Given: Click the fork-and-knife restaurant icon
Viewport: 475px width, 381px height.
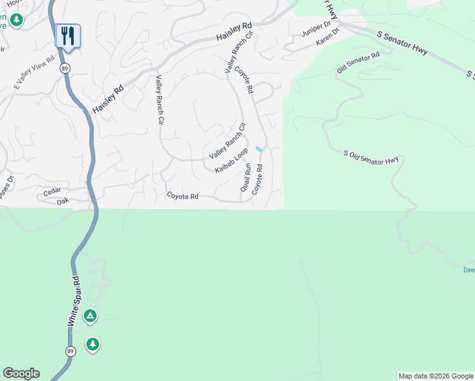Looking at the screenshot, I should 68,36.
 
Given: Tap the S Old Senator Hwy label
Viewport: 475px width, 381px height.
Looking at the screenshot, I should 371,158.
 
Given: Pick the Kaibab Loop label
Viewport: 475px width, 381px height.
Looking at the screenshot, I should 231,161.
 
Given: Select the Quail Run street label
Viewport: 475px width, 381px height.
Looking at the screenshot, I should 246,178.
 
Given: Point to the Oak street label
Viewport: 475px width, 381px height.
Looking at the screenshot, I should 62,202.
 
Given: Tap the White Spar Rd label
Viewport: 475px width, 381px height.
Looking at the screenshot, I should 74,302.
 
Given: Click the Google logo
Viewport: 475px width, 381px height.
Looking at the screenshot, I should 21,373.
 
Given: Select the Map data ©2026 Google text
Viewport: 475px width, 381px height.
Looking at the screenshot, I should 436,376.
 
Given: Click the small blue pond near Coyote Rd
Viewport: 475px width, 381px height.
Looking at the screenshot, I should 259,149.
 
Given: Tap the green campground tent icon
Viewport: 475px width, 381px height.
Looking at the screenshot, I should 90,315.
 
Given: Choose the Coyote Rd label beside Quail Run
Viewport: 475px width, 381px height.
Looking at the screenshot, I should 257,180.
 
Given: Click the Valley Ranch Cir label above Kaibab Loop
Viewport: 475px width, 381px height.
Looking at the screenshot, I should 227,146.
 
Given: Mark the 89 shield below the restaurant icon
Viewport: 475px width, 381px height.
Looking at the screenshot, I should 65,68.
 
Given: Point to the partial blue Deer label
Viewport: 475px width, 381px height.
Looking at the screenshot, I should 469,270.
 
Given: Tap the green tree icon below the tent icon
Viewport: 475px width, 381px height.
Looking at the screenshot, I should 93,344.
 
